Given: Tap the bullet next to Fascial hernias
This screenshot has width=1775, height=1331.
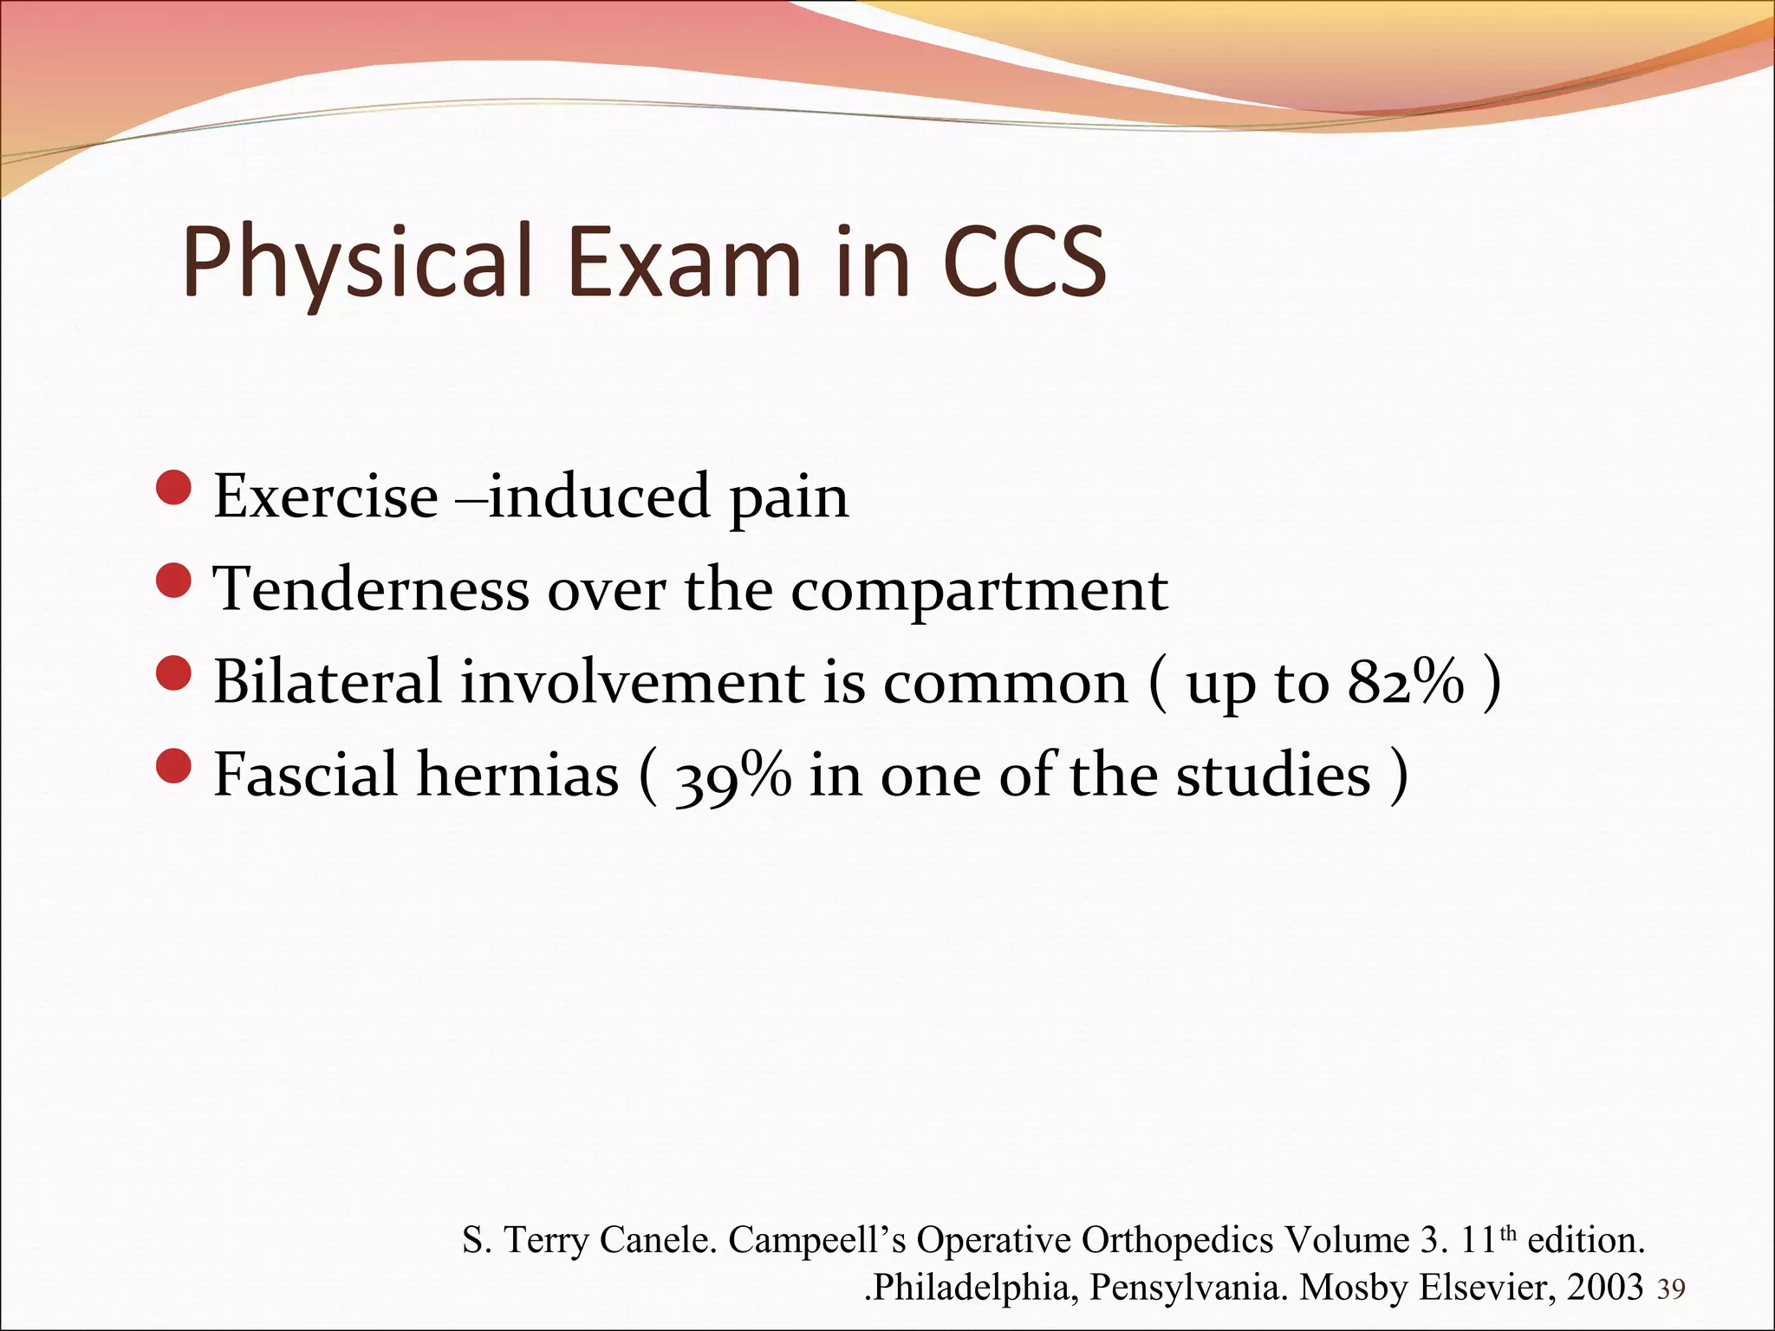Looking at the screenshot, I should click(x=174, y=766).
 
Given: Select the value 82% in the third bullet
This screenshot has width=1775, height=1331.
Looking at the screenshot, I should click(x=1405, y=682).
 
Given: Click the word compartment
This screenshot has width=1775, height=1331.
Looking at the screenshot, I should click(x=979, y=590).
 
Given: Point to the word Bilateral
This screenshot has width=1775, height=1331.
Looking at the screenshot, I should click(x=328, y=682).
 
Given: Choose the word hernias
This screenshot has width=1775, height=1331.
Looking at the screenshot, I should click(x=517, y=775).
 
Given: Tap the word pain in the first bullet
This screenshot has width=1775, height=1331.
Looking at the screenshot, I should click(x=789, y=498).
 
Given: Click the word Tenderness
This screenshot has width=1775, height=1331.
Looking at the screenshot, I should click(x=371, y=590).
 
